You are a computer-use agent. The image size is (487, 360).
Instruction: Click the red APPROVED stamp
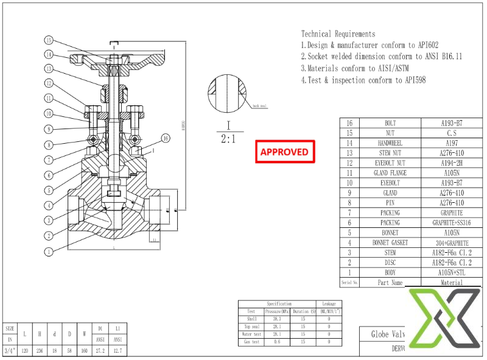tap(284, 152)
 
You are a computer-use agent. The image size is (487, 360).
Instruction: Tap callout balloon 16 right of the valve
tap(166, 137)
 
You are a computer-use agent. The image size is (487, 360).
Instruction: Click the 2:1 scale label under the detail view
tap(228, 139)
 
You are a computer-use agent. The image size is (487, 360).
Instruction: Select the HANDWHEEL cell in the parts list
tap(390, 143)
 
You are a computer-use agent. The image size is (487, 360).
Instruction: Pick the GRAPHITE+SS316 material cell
tap(452, 223)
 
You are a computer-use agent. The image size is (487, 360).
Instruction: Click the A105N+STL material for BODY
tap(452, 273)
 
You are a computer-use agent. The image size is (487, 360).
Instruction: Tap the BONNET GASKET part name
tap(390, 243)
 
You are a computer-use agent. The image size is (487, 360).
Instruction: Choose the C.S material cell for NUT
tap(452, 133)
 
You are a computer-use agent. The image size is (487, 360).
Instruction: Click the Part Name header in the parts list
tap(390, 283)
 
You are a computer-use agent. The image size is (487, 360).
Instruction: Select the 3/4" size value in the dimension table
tap(10, 351)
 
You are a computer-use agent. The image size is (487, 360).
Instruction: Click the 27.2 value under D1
tap(100, 351)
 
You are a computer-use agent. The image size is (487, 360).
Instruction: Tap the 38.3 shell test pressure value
tap(278, 319)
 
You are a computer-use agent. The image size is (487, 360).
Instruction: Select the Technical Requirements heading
tap(338, 34)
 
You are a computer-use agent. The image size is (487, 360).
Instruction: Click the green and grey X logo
tap(444, 316)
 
